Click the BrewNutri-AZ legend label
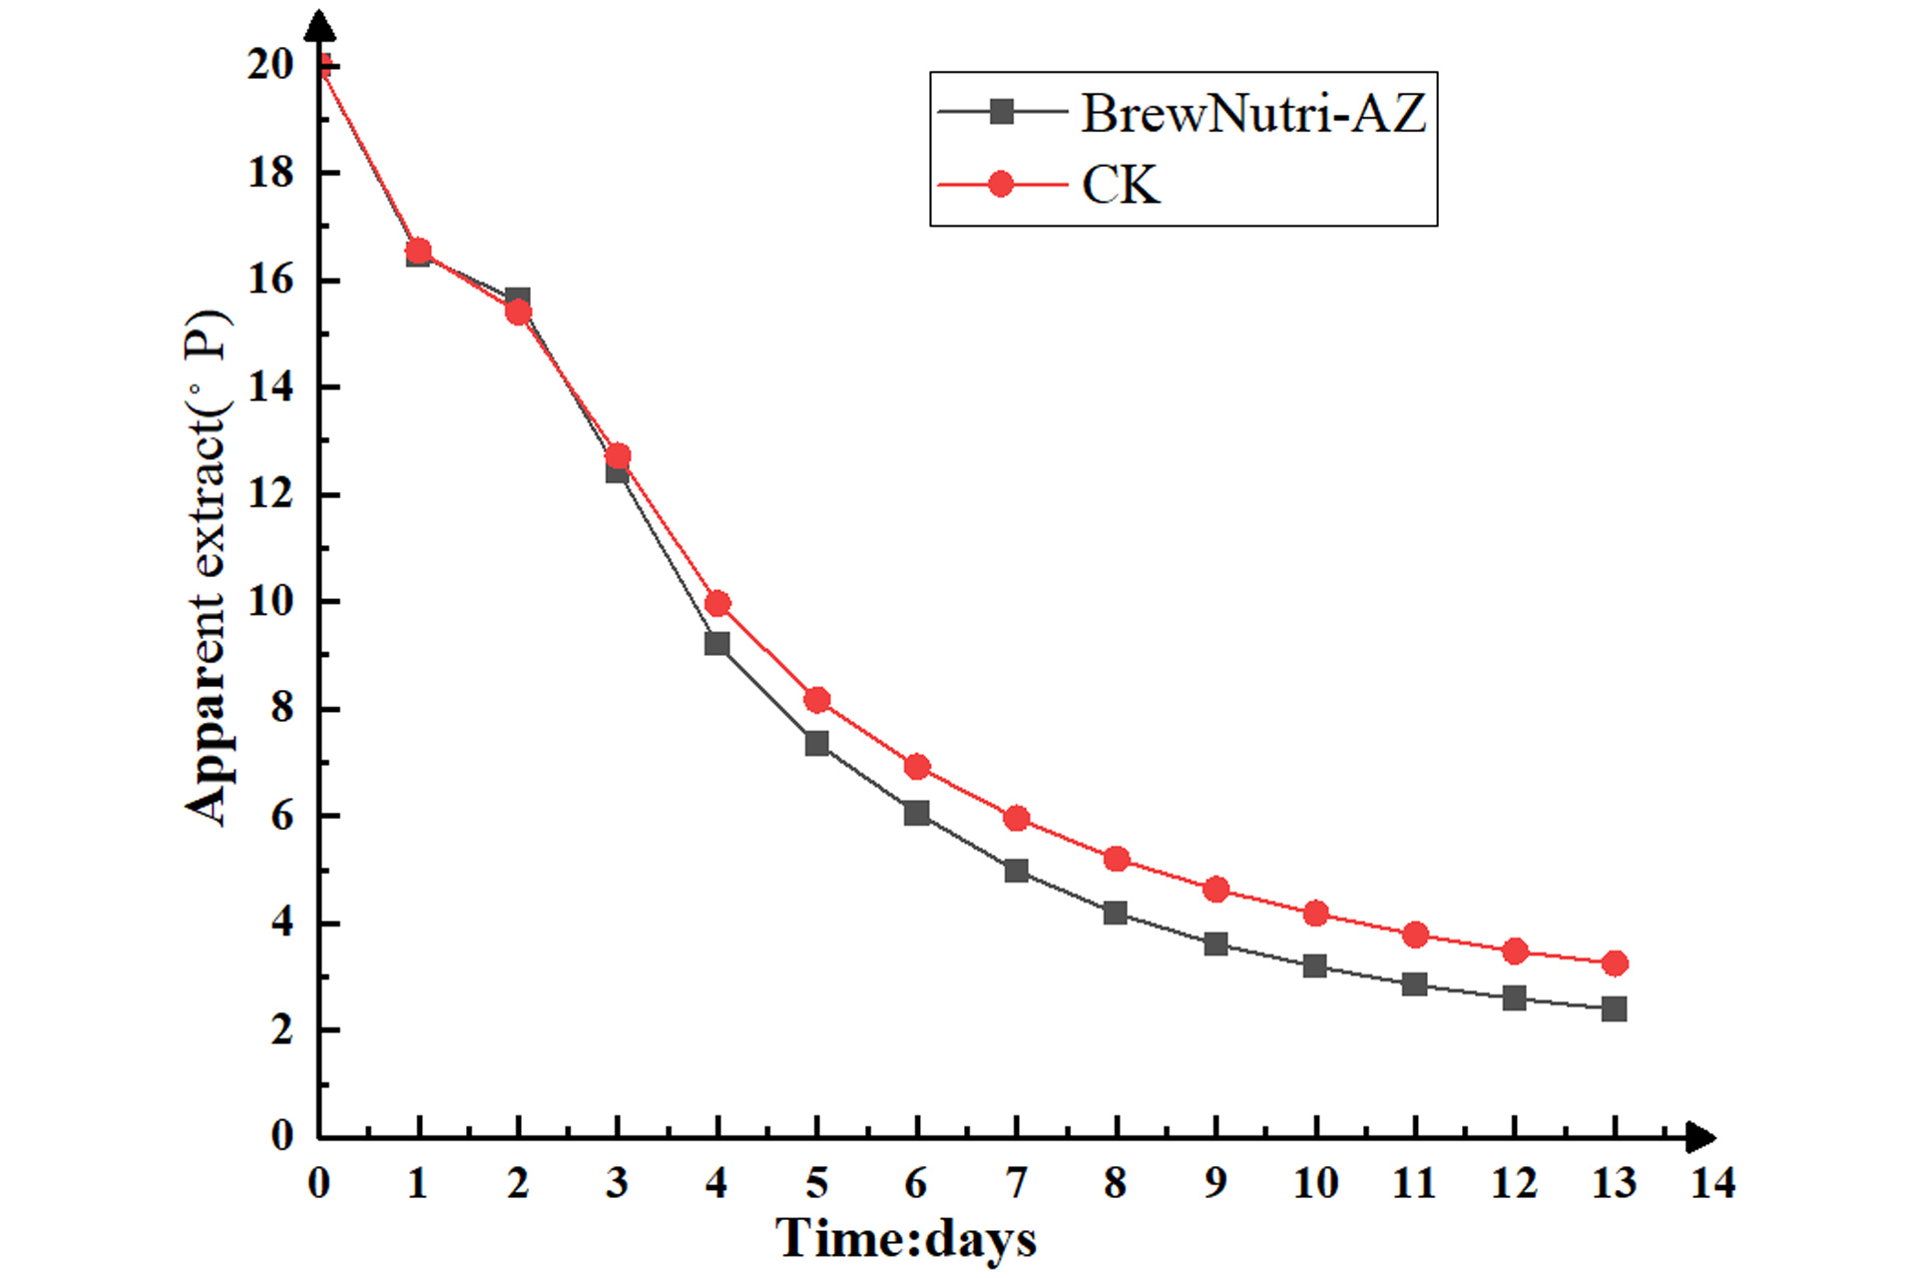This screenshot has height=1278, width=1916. point(1253,113)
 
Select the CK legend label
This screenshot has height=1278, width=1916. point(1121,185)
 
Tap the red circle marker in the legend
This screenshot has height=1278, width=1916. point(1001,185)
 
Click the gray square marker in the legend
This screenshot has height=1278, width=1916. point(1001,112)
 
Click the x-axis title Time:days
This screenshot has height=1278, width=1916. point(905,1239)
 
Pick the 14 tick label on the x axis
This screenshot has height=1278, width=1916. point(1712,1183)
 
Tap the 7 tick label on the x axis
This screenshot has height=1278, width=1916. point(1016,1183)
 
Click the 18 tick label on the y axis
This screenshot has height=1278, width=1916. point(270,173)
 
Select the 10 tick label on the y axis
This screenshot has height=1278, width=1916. point(270,601)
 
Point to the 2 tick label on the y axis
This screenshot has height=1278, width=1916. point(281,1029)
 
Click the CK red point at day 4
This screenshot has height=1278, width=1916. point(718,603)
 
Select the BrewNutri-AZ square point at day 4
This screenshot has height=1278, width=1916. point(717,644)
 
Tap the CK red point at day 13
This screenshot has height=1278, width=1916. point(1615,963)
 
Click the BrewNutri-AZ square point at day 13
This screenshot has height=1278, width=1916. point(1615,1009)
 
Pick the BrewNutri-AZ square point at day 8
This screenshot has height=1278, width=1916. point(1116,913)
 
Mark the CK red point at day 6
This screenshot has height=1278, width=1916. point(917,767)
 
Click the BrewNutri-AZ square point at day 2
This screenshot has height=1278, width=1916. point(518,299)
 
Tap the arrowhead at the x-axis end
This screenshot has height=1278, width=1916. point(1700,1137)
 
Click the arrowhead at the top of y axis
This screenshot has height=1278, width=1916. point(319,25)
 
